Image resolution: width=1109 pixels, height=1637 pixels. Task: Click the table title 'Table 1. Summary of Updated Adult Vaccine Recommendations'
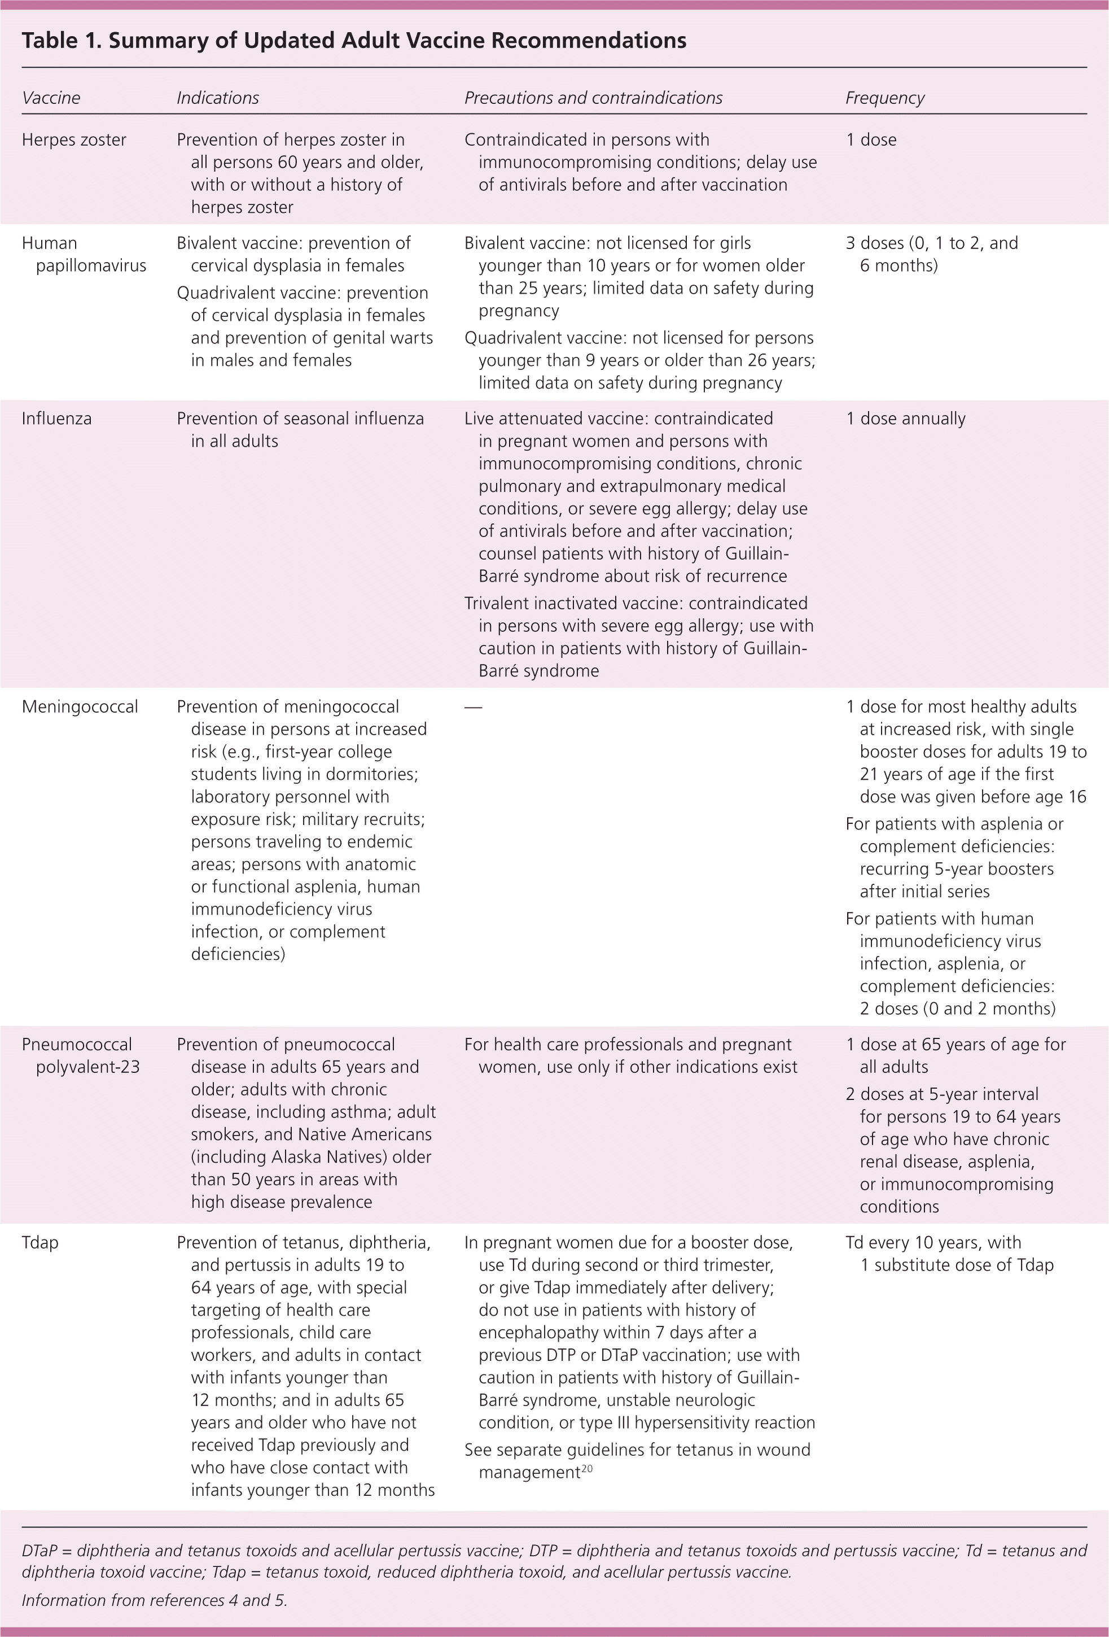353,41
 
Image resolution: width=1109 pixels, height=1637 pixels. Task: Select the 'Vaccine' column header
51,98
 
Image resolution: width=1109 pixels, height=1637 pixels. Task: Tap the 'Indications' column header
218,98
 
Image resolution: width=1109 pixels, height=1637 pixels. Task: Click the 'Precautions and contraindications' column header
593,98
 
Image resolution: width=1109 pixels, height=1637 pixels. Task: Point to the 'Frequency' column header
884,98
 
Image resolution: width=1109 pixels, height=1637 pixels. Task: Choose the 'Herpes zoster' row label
74,139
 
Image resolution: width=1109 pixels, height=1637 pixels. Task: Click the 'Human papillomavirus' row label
83,254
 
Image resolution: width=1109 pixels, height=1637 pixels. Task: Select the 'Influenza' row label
56,418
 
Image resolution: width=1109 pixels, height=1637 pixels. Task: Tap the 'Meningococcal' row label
80,706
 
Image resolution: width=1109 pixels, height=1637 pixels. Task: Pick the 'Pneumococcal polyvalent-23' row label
80,1055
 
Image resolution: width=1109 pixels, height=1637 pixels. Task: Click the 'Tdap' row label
40,1242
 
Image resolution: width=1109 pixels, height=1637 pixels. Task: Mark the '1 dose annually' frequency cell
905,418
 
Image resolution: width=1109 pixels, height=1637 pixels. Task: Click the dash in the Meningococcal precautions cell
473,707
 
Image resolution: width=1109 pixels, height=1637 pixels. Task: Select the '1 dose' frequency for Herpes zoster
871,139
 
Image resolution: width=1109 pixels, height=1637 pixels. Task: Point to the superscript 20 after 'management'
588,1469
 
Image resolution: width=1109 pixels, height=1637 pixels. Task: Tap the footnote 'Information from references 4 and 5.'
154,1600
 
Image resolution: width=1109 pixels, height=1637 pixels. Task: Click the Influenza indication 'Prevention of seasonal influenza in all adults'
300,430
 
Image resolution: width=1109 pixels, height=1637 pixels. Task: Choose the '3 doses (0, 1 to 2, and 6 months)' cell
932,254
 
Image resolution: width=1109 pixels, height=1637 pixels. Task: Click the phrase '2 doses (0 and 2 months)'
958,1008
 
